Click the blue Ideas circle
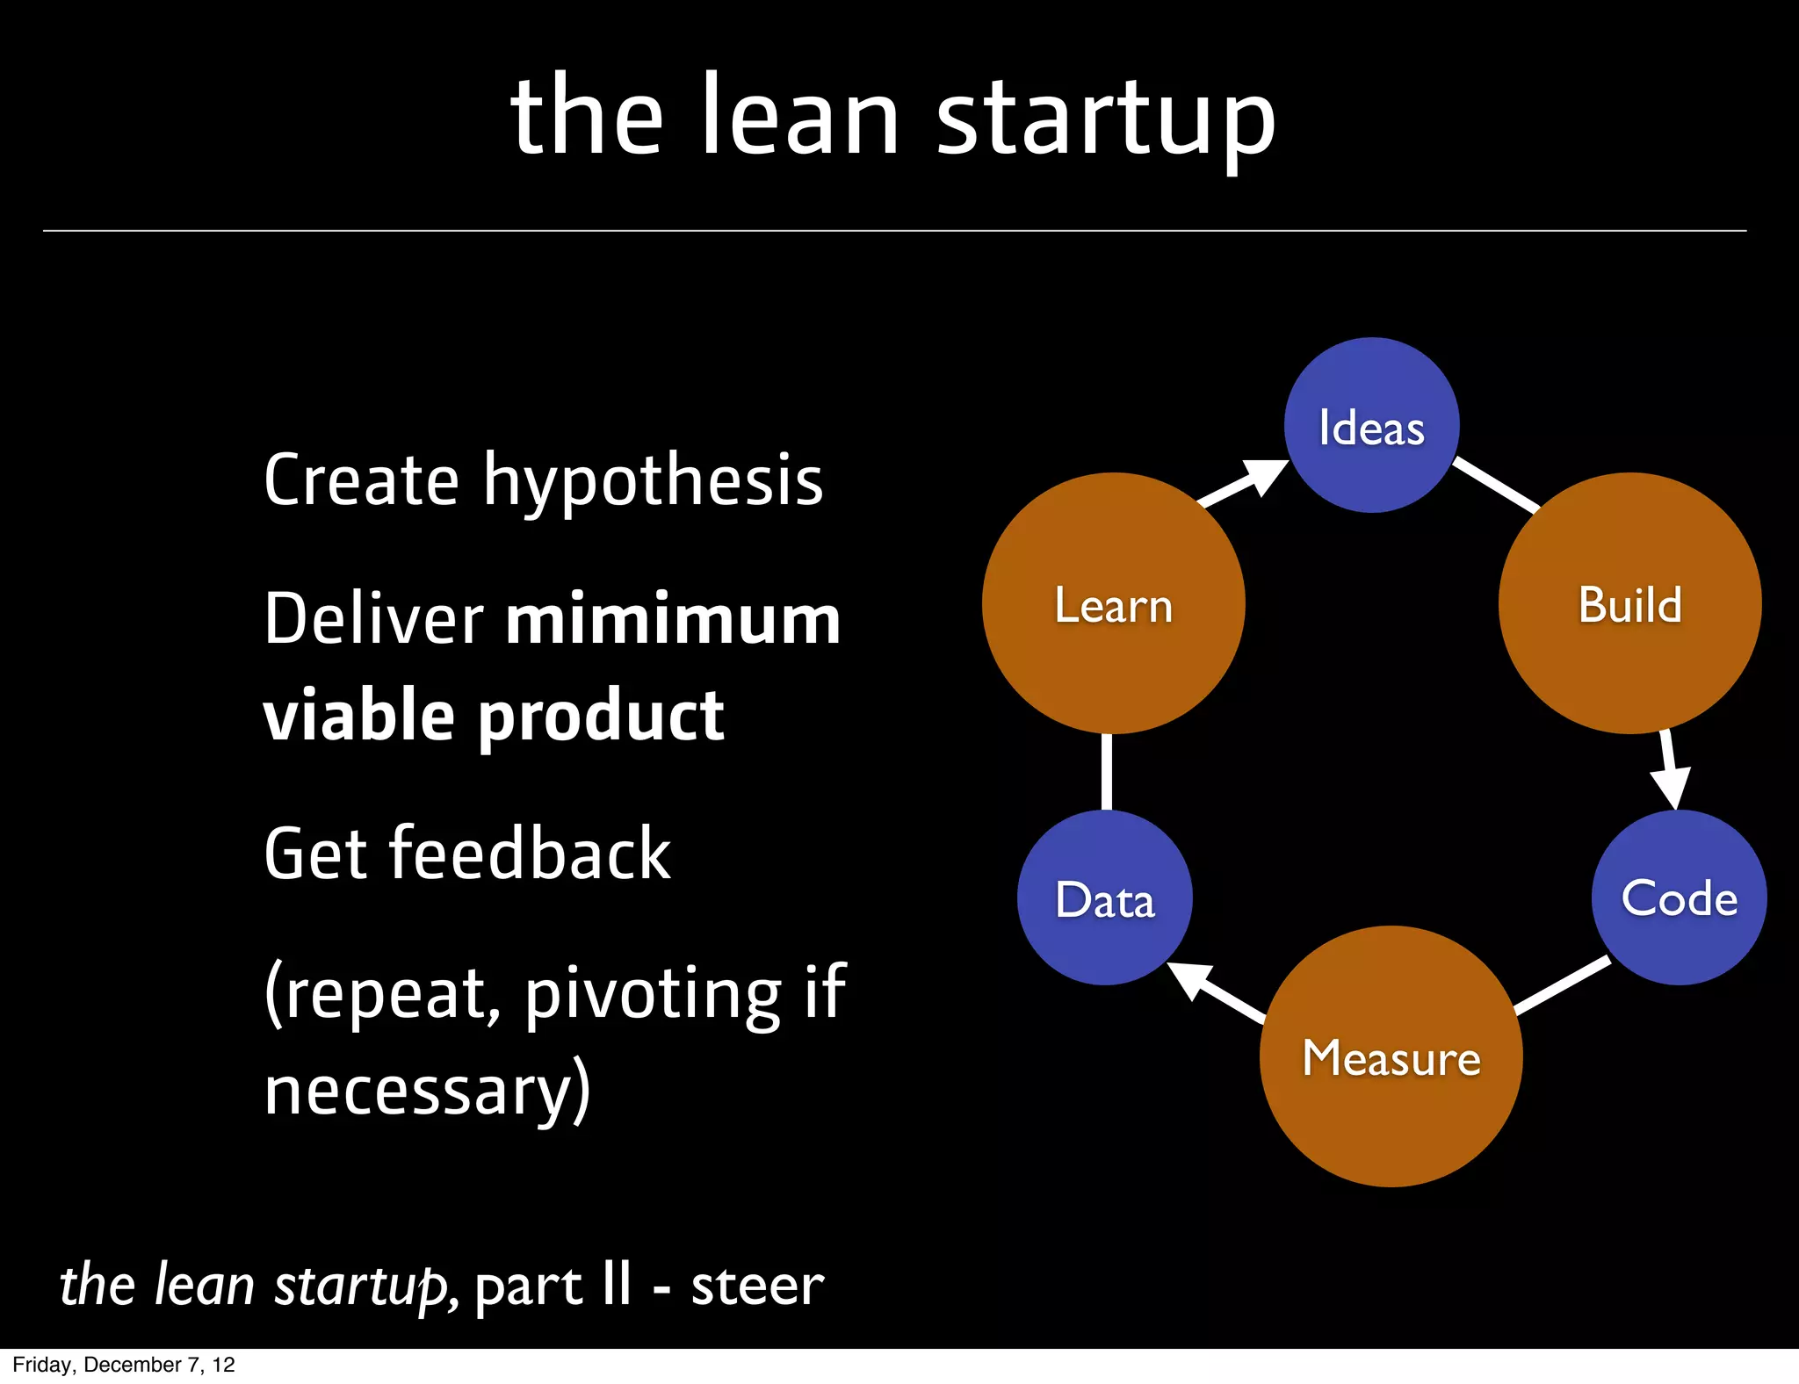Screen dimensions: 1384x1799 [1371, 426]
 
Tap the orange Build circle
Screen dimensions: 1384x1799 [1629, 604]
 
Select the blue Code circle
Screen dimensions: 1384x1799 [1679, 897]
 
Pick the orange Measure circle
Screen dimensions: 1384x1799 [1391, 1057]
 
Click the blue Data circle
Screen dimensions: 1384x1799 [1104, 898]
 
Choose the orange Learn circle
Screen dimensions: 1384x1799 [1113, 604]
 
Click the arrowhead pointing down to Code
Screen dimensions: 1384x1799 [1673, 784]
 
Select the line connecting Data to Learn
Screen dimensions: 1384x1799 [1106, 771]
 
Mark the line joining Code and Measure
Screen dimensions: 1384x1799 [1562, 985]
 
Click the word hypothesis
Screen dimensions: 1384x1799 [653, 481]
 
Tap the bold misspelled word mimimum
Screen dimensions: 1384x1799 [673, 619]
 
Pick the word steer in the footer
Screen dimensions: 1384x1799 [757, 1286]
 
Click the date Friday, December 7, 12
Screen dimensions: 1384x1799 [124, 1365]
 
